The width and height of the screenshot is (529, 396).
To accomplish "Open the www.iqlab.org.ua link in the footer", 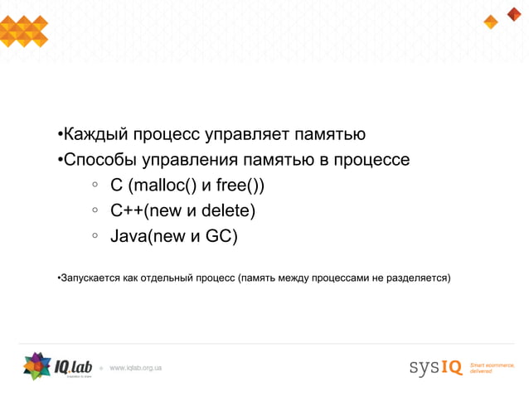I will tap(136, 366).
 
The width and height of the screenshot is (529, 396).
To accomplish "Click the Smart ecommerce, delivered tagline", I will tap(493, 367).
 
